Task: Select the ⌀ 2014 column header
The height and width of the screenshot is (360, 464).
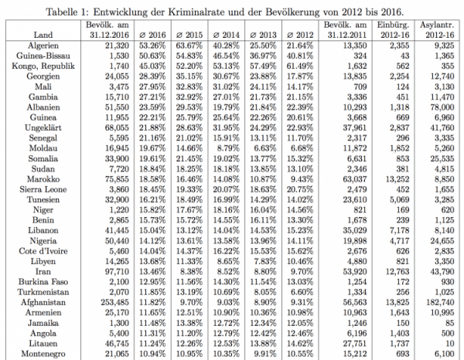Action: point(227,35)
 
